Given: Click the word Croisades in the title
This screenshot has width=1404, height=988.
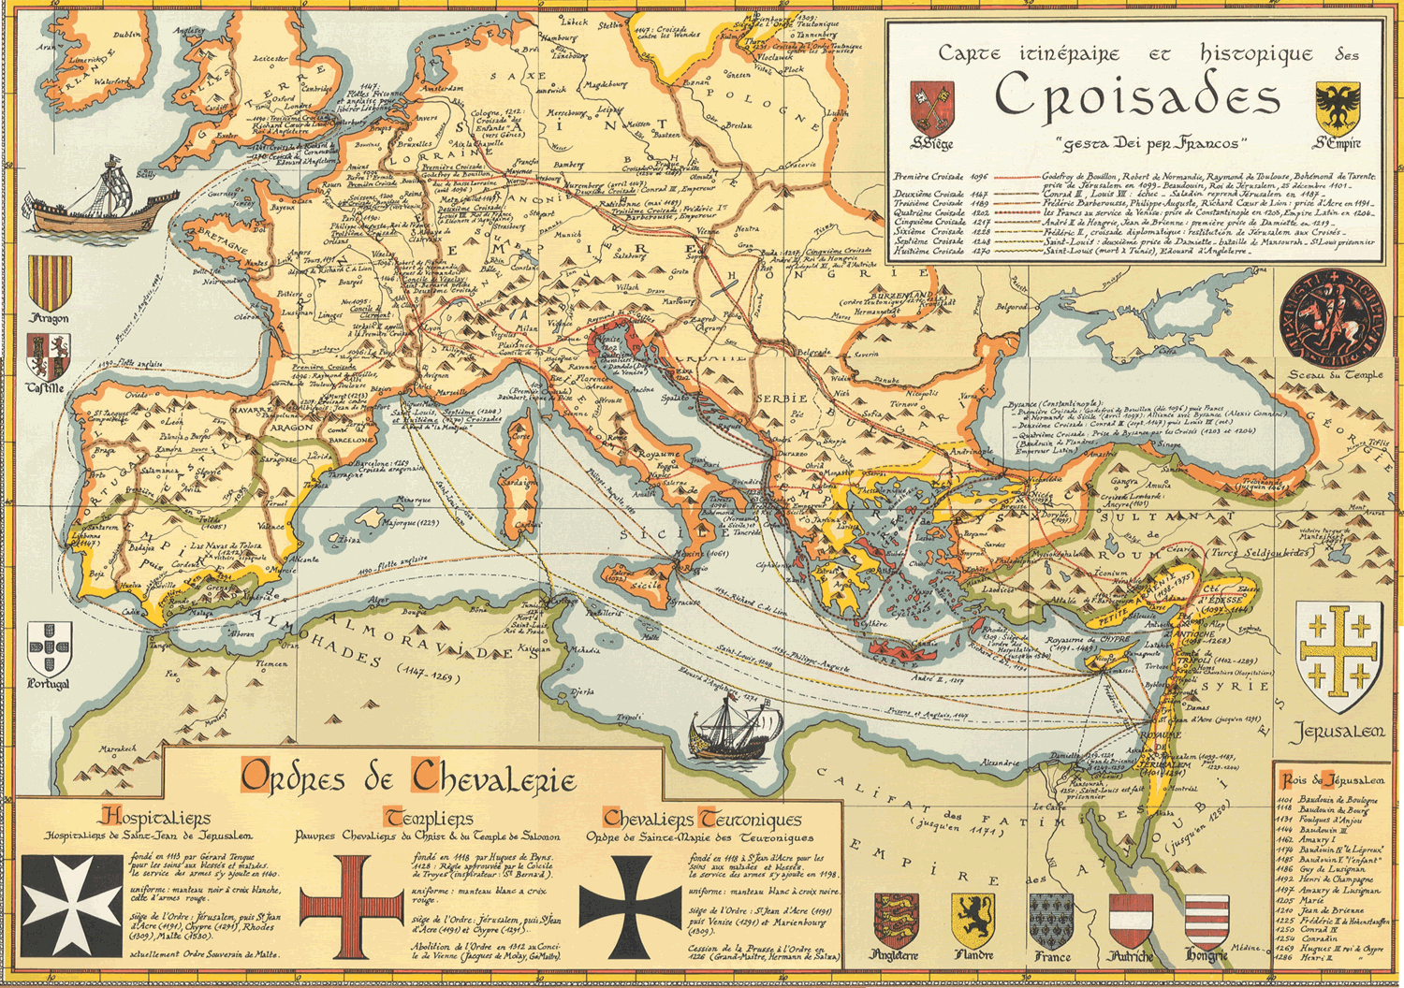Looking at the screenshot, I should tap(1136, 97).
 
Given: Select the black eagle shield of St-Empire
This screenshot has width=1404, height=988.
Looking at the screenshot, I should tap(1338, 108).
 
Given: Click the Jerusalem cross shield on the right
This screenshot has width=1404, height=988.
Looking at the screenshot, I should tap(1339, 658).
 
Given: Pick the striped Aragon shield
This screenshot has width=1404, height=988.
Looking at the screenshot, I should tap(50, 283).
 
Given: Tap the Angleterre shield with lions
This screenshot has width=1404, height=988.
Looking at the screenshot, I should tap(895, 920).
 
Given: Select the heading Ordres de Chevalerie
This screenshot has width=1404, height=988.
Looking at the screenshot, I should tap(408, 777).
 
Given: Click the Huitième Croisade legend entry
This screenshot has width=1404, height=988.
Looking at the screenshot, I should tap(929, 252).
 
